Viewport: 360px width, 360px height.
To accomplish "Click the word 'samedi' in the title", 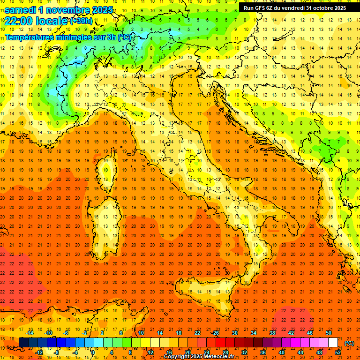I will (x=20, y=10).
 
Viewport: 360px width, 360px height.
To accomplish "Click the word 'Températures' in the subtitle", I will (x=30, y=37).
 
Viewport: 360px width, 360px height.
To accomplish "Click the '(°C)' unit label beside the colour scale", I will (x=349, y=343).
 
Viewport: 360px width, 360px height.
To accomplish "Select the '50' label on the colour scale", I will (x=328, y=333).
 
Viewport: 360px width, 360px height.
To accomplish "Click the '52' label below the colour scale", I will (x=338, y=352).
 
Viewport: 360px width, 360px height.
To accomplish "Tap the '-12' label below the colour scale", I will (x=39, y=352).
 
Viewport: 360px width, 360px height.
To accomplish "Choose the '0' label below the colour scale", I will (x=93, y=352).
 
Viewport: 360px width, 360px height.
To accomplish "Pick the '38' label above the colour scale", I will (x=272, y=333).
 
